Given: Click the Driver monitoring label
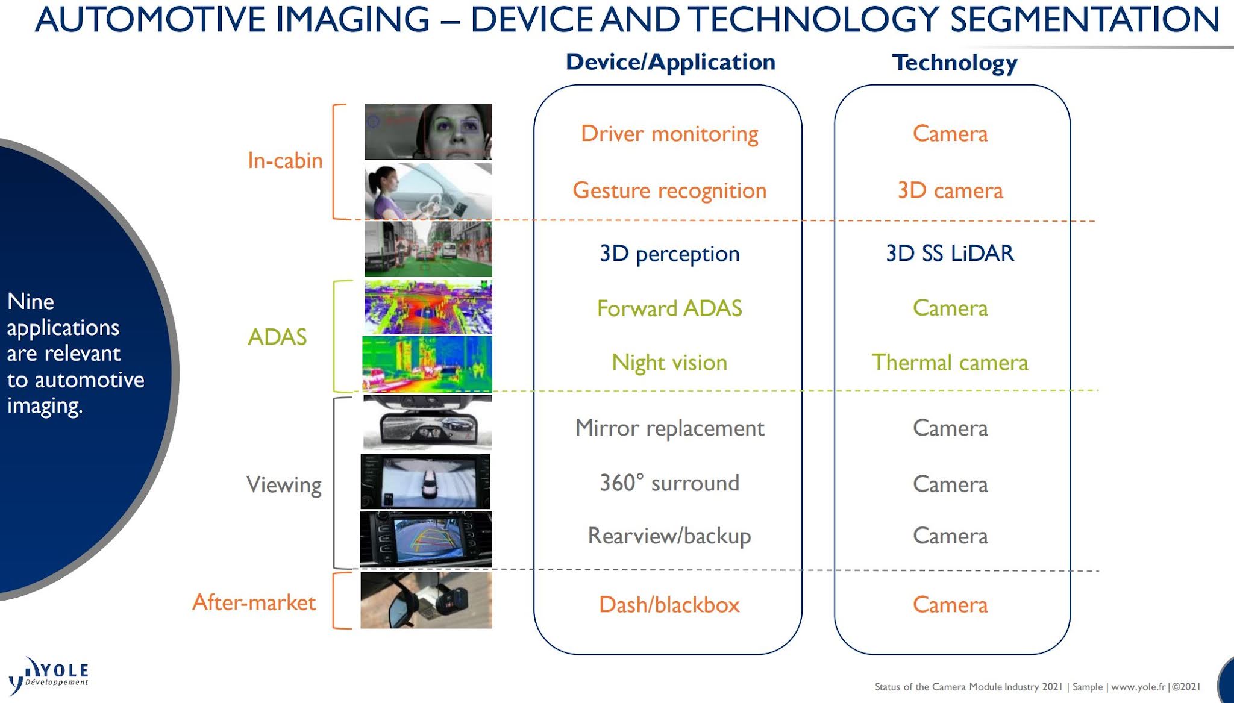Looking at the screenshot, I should click(669, 134).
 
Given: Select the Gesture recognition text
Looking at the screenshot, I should click(669, 190).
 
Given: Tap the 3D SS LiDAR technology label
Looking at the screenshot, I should click(950, 253).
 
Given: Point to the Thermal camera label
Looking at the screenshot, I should click(950, 363).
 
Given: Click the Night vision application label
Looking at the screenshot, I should click(669, 363).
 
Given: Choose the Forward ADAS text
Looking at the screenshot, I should click(669, 308).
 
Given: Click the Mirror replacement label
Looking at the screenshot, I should click(669, 428).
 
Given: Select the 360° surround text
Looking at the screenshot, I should click(669, 483).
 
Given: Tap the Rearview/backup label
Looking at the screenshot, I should click(669, 536).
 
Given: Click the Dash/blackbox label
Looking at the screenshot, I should click(669, 605).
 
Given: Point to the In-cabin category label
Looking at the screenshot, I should click(285, 161).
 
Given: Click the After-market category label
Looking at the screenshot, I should click(254, 602).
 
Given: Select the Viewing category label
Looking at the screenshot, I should click(284, 485).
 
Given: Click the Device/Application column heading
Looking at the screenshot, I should click(670, 62).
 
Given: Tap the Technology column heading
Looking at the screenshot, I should click(954, 63).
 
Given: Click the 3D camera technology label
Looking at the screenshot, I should click(950, 190).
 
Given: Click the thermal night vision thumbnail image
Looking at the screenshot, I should click(427, 364).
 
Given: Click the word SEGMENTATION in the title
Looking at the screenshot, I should click(1085, 19).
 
